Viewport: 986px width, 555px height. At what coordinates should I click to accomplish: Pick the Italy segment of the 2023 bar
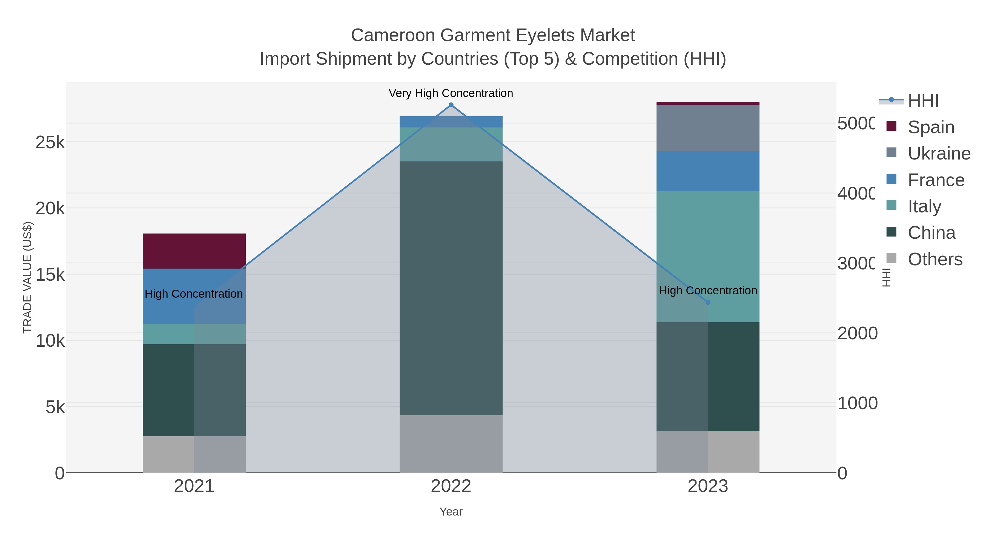[x=708, y=257]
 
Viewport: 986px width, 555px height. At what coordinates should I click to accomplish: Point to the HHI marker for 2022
[x=451, y=105]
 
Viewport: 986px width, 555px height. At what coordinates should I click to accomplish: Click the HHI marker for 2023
[x=708, y=302]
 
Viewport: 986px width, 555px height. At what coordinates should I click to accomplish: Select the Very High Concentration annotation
[x=451, y=93]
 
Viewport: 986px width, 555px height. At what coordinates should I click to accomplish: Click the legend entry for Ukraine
[x=939, y=153]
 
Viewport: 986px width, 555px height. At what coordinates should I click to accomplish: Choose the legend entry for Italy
[x=924, y=206]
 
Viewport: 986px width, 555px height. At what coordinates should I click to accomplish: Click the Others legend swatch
[x=892, y=258]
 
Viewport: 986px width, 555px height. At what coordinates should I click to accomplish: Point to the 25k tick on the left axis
[x=50, y=143]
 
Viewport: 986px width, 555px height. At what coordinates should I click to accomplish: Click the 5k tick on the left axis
[x=55, y=407]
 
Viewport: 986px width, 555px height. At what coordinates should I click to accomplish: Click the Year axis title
[x=451, y=511]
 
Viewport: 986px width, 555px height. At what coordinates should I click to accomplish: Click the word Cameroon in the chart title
[x=393, y=35]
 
